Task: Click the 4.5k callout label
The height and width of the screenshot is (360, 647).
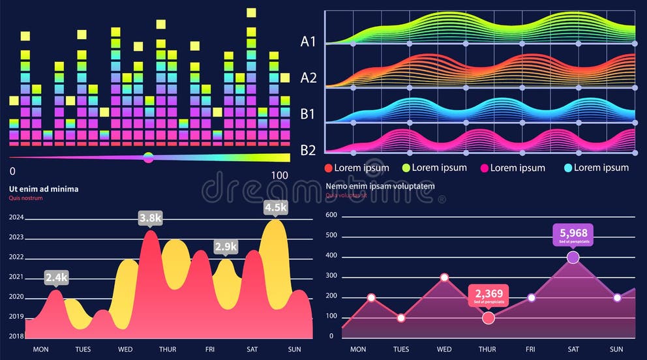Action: tap(275, 207)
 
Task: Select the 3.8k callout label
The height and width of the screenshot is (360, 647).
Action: tap(150, 218)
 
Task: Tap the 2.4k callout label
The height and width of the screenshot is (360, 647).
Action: tap(57, 277)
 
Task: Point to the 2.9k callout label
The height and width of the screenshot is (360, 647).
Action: tap(226, 247)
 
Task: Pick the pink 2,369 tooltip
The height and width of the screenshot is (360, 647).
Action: tap(488, 295)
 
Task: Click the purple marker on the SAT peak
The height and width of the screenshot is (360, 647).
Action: tap(573, 258)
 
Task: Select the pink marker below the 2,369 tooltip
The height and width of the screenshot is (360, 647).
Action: tap(489, 318)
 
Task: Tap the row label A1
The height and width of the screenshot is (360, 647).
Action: tap(308, 42)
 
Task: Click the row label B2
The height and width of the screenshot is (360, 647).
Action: tap(308, 150)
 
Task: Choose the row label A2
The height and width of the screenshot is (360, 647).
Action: tap(308, 78)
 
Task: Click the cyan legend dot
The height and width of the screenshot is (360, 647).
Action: tap(567, 168)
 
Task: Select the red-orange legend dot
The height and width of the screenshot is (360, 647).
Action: tap(329, 168)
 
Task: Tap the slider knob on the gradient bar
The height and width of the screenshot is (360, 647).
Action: tap(148, 157)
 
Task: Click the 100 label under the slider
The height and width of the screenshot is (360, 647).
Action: tap(279, 175)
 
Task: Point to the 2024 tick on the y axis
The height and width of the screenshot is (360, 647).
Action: tap(16, 218)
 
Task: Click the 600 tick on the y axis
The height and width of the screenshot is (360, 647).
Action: tap(331, 215)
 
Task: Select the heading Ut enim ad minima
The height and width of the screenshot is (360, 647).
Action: tap(44, 189)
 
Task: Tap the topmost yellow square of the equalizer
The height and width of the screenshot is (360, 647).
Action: tap(251, 12)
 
